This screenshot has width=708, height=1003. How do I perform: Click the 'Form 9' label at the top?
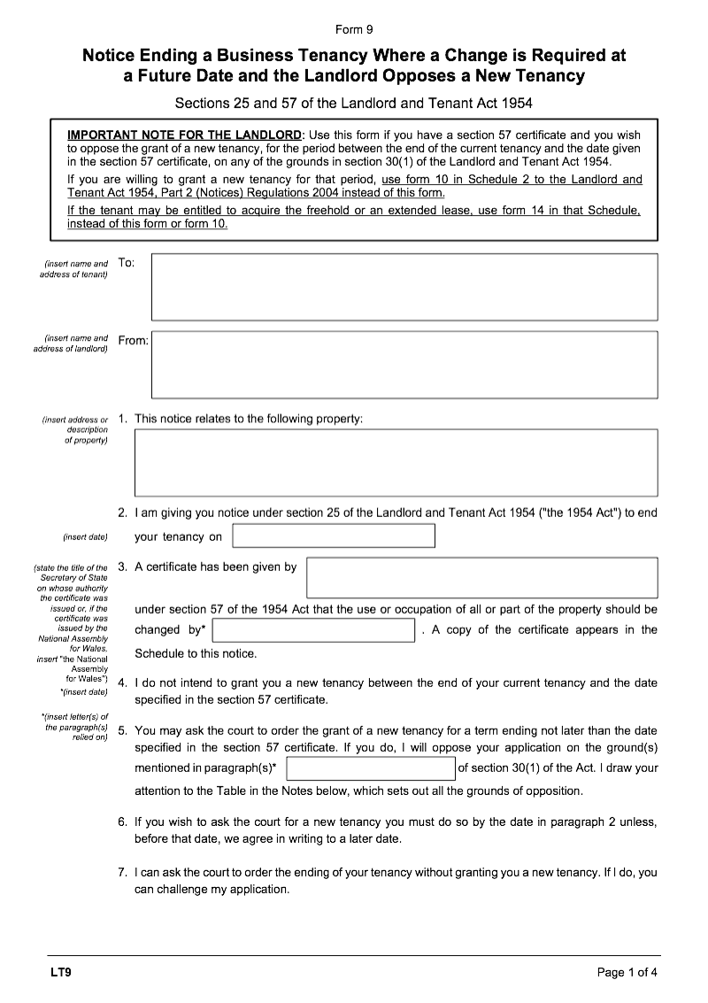pyautogui.click(x=354, y=29)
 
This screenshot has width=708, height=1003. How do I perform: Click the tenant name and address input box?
pyautogui.click(x=404, y=287)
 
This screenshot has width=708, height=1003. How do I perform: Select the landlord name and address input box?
pyautogui.click(x=404, y=365)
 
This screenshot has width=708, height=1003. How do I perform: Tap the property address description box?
pyautogui.click(x=396, y=462)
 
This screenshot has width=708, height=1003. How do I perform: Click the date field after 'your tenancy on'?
pyautogui.click(x=334, y=536)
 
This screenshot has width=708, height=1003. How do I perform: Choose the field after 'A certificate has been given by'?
pyautogui.click(x=481, y=577)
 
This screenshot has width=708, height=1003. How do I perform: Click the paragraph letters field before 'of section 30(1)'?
pyautogui.click(x=371, y=768)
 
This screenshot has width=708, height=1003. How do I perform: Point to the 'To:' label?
pyautogui.click(x=127, y=263)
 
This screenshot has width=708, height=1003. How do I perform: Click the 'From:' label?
pyautogui.click(x=133, y=341)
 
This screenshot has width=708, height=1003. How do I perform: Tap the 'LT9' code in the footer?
pyautogui.click(x=60, y=972)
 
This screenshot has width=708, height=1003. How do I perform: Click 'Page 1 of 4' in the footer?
pyautogui.click(x=627, y=972)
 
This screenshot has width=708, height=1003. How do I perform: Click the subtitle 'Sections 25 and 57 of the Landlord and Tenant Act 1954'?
pyautogui.click(x=354, y=103)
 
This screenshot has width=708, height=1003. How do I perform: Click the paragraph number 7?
pyautogui.click(x=123, y=872)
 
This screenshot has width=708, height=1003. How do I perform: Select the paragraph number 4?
pyautogui.click(x=123, y=683)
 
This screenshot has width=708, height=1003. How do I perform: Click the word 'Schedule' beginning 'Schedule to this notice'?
pyautogui.click(x=158, y=654)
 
